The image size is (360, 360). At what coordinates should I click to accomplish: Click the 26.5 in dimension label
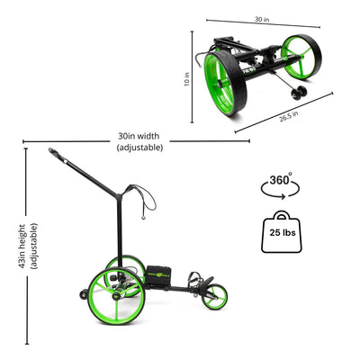(289, 116)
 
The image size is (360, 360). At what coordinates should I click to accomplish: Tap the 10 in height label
(187, 79)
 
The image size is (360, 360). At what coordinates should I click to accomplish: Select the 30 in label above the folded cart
(262, 20)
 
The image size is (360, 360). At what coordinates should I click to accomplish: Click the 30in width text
(139, 136)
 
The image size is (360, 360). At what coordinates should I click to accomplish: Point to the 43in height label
(22, 246)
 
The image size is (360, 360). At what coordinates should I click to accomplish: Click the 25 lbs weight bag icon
(282, 231)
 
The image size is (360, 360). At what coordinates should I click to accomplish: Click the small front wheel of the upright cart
(214, 296)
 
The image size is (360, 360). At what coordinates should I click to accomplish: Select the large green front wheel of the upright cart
(116, 296)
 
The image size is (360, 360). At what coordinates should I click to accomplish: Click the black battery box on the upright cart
(158, 277)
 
